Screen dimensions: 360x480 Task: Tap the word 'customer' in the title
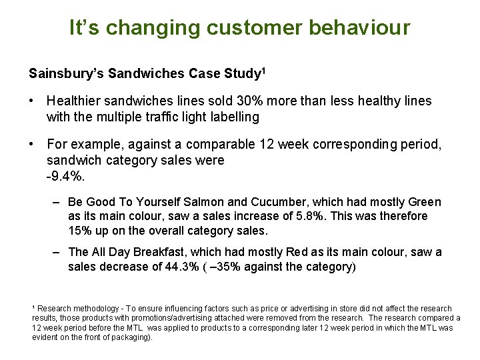(x=253, y=28)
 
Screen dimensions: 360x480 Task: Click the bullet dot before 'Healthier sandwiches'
(x=32, y=101)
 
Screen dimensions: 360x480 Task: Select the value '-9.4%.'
(x=67, y=176)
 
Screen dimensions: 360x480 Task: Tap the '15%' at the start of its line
(x=79, y=231)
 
